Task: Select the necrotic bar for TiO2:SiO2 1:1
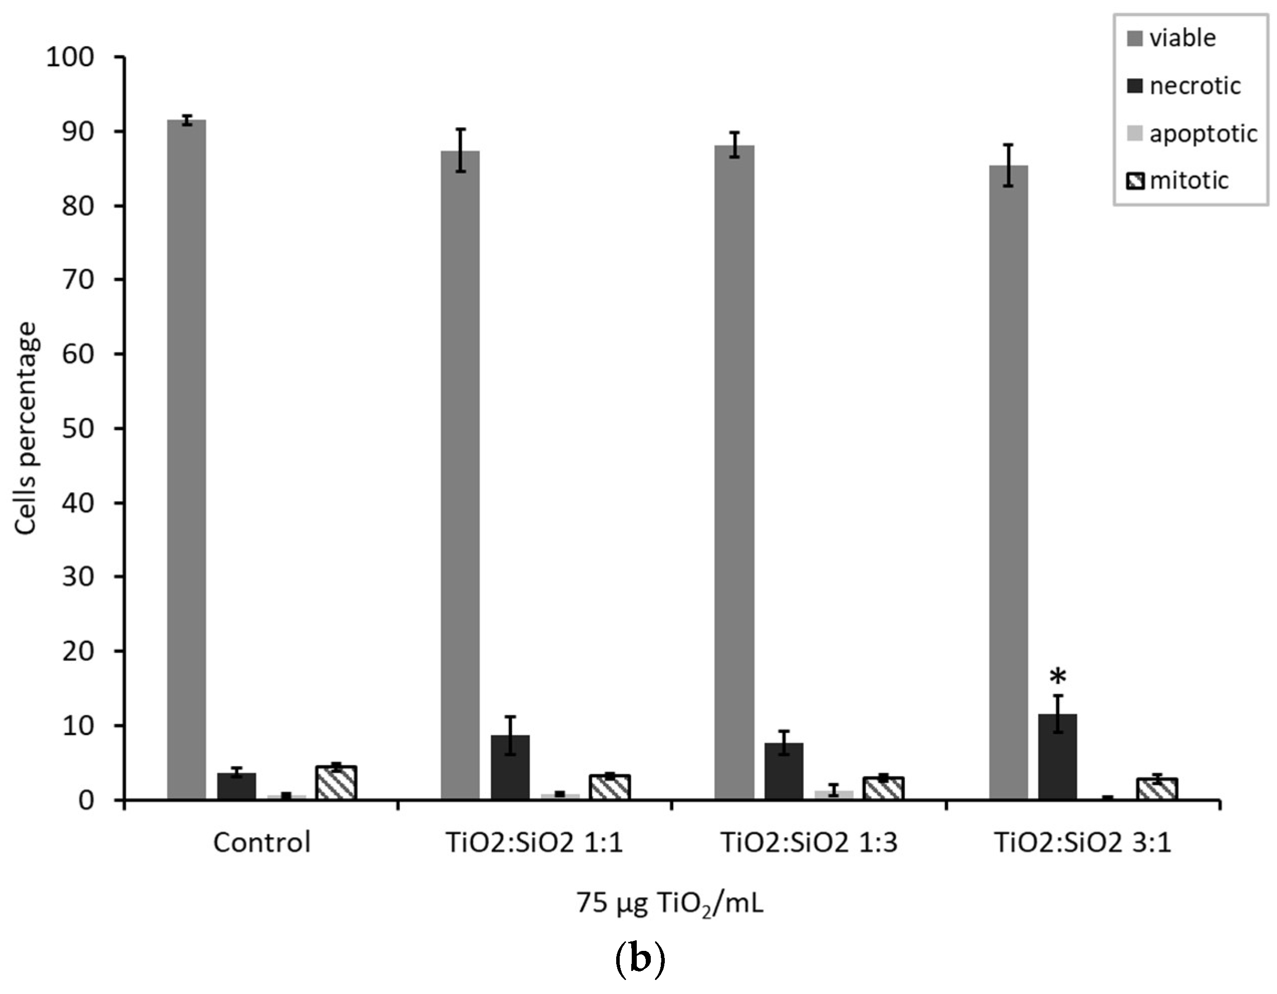click(x=510, y=767)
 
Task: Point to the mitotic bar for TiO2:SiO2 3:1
click(x=1157, y=788)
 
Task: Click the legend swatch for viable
click(x=1134, y=39)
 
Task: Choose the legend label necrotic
click(x=1194, y=87)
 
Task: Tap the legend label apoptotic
click(x=1203, y=134)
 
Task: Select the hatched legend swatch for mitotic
click(x=1134, y=181)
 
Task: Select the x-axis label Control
click(x=262, y=843)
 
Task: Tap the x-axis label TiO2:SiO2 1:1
click(x=535, y=843)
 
